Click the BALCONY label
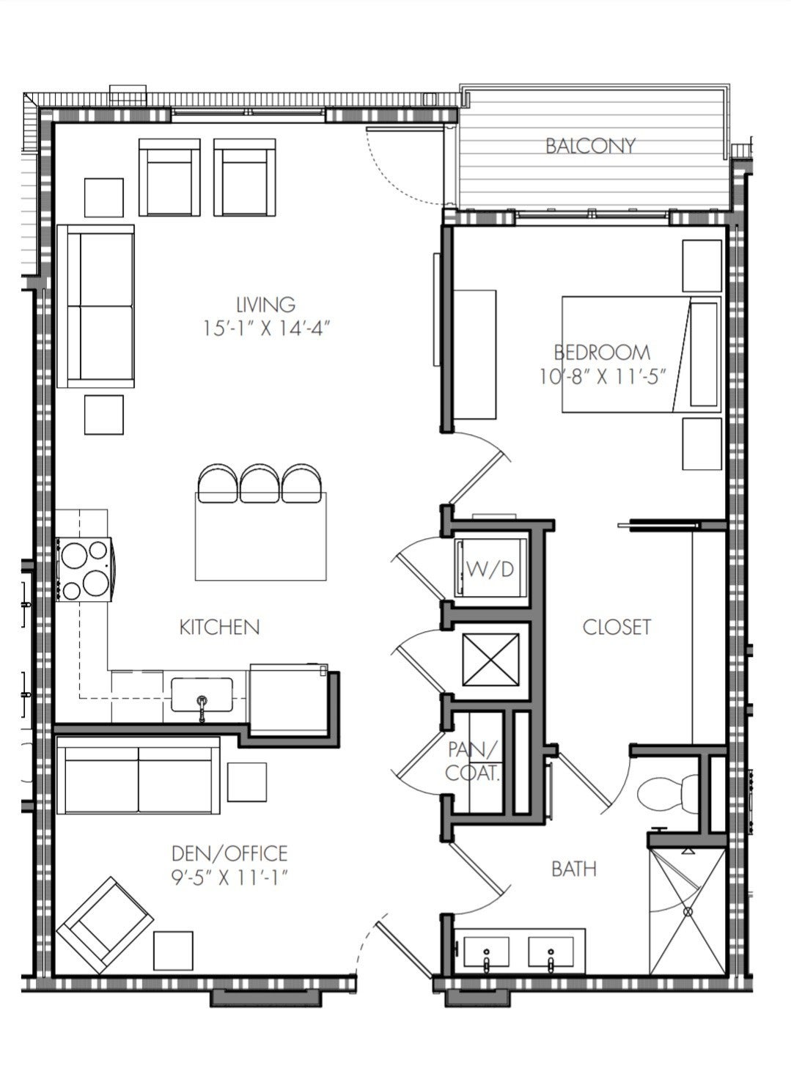coord(591,145)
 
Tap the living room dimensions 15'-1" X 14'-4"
coord(267,328)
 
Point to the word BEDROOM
coord(602,353)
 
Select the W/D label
coord(490,569)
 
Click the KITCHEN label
coord(220,627)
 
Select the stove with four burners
coord(84,569)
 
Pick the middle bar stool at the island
coord(260,483)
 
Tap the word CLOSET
coord(617,627)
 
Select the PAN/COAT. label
coord(473,762)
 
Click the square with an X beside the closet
coord(490,660)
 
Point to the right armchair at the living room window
coord(245,177)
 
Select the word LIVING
coord(265,304)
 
